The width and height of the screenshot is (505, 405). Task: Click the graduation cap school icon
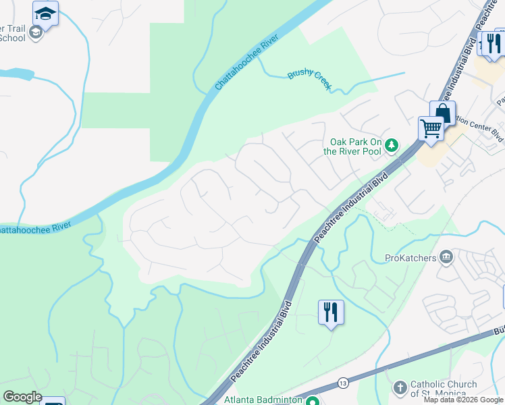point(45,13)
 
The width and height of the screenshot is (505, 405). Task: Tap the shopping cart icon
point(430,127)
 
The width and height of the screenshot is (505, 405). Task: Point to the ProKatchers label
point(410,257)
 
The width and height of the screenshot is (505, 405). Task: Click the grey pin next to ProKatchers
point(446,256)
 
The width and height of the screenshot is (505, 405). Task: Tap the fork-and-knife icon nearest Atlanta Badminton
point(331,312)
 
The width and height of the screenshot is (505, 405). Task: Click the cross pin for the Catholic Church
point(400,388)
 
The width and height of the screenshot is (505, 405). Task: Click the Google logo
point(22,397)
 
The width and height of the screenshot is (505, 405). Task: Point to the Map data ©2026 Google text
point(463,400)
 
